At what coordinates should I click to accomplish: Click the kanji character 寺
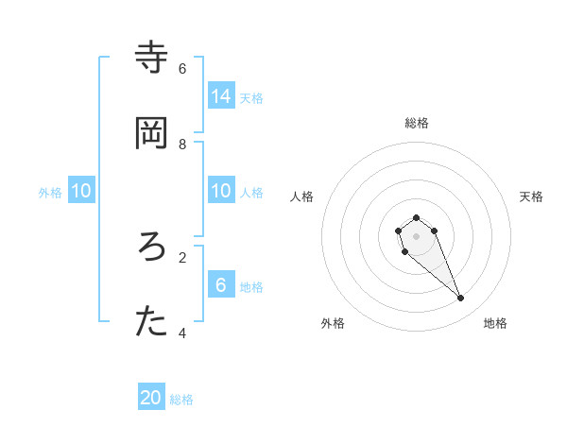click(151, 59)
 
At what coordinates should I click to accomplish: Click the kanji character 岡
click(151, 133)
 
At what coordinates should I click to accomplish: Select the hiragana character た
click(151, 323)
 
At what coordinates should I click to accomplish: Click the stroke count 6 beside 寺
click(182, 68)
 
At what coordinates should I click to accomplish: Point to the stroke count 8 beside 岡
click(182, 144)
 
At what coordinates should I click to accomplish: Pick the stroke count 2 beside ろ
click(182, 257)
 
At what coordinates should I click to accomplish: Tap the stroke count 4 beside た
click(182, 333)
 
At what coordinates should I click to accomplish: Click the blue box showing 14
click(221, 96)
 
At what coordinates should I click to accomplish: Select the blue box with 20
click(151, 398)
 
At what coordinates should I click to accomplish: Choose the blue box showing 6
click(221, 284)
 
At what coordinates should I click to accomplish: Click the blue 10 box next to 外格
click(81, 191)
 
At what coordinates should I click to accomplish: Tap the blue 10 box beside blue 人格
click(221, 191)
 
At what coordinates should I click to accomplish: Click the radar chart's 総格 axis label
click(417, 123)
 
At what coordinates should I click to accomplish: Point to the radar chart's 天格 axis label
click(531, 196)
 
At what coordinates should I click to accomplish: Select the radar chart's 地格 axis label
click(495, 323)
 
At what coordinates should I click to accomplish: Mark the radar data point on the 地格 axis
click(461, 299)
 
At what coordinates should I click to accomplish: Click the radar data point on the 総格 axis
click(417, 217)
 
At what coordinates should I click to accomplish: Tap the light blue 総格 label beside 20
click(181, 400)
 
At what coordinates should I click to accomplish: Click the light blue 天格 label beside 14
click(251, 97)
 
